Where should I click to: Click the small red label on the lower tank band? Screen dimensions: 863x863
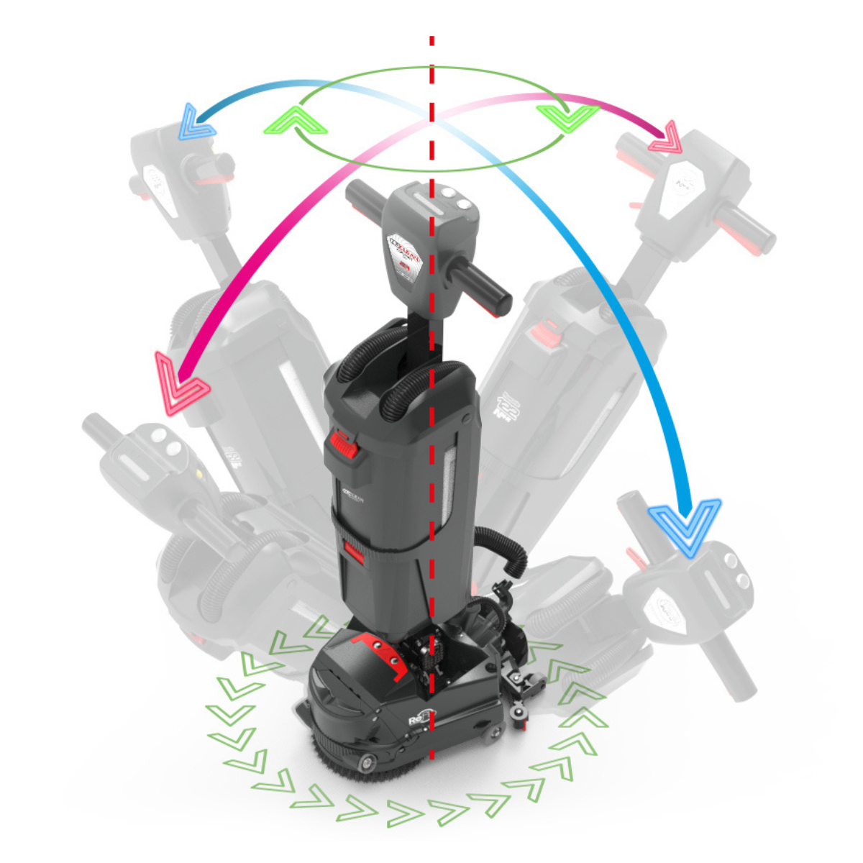[354, 550]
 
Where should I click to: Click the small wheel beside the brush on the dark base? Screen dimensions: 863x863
[369, 762]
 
